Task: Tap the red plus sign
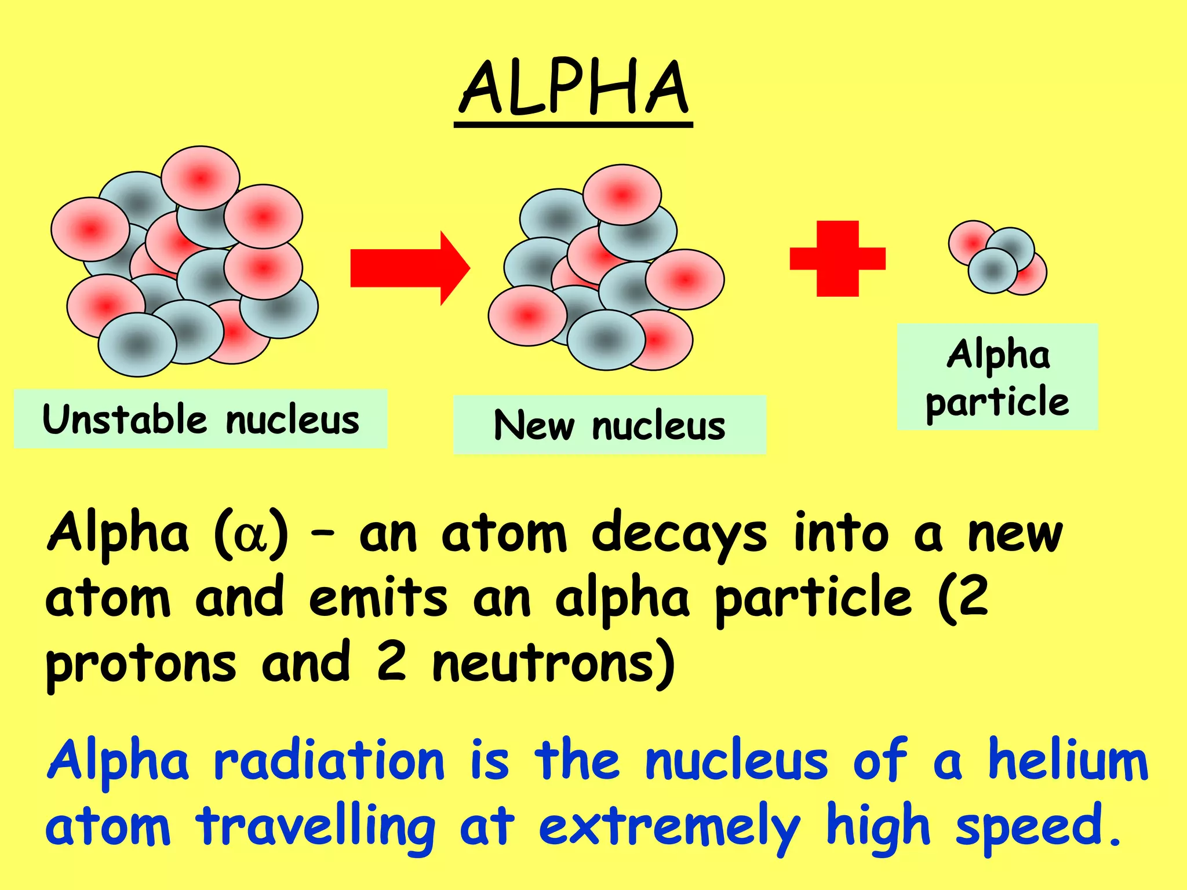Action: click(x=838, y=258)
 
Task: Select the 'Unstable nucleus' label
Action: click(x=201, y=419)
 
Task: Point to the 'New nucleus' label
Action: click(x=609, y=425)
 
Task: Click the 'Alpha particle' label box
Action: click(x=997, y=377)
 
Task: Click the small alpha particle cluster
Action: click(x=997, y=257)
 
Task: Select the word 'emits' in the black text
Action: click(x=378, y=599)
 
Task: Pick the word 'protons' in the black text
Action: click(x=141, y=665)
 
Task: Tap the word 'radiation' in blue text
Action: click(x=329, y=761)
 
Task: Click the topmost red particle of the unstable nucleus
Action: click(x=201, y=177)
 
